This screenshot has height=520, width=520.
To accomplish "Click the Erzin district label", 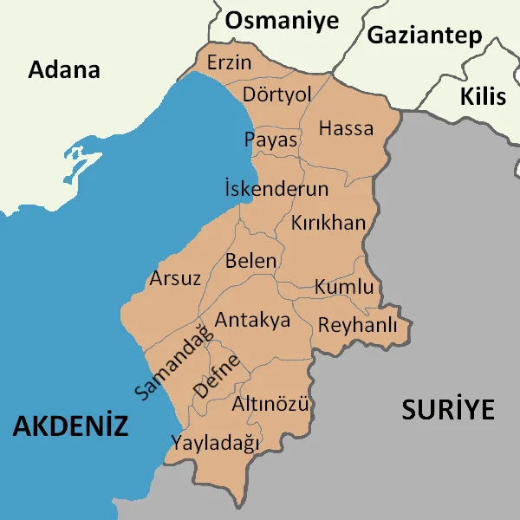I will [229, 63].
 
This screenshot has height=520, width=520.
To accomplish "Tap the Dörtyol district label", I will [276, 94].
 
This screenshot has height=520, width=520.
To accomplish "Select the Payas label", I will [270, 140].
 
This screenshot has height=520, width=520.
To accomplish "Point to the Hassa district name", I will [346, 129].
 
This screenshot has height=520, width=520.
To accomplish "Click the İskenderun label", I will [276, 189].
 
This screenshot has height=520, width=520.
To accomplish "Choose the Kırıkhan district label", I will [328, 223].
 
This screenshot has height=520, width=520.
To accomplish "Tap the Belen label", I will [251, 260].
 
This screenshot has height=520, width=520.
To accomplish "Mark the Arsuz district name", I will [175, 278].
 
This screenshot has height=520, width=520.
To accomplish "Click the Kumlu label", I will [344, 287].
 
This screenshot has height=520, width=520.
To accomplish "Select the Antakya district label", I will [252, 320].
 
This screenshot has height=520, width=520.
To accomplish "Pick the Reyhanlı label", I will [357, 326].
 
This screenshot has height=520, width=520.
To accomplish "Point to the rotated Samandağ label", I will [173, 361].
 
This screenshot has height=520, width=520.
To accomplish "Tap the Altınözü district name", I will [271, 404].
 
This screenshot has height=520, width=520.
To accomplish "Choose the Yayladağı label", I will [215, 443].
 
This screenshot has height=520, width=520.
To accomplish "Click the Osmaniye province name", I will [282, 21].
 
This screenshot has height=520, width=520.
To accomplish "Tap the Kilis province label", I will [483, 95].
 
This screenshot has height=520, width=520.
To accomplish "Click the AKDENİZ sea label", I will [70, 426].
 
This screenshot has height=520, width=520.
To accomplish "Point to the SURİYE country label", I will [447, 409].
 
